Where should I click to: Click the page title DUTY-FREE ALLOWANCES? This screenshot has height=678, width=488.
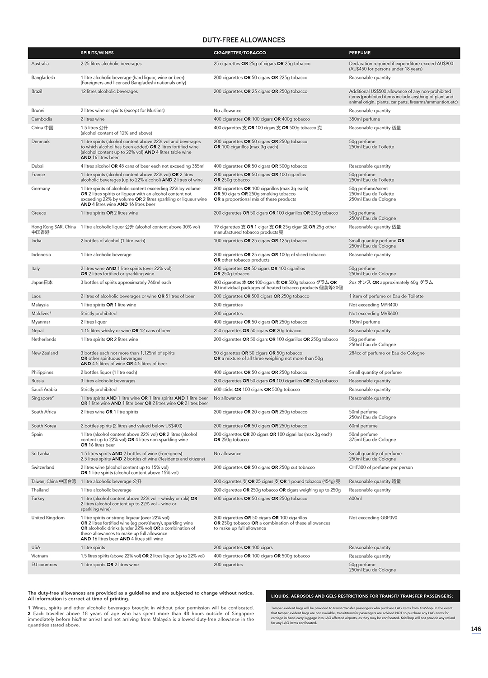pyautogui.click(x=244, y=40)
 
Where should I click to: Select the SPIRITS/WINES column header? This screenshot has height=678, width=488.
pyautogui.click(x=97, y=53)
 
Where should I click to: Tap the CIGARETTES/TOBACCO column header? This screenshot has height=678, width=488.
pyautogui.click(x=239, y=53)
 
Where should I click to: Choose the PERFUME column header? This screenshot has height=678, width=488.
pyautogui.click(x=360, y=53)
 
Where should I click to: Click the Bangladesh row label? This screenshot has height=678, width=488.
pyautogui.click(x=43, y=78)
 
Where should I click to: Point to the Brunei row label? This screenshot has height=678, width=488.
pyautogui.click(x=38, y=110)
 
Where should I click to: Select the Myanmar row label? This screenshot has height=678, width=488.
pyautogui.click(x=41, y=322)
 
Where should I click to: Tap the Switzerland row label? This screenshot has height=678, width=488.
pyautogui.click(x=42, y=467)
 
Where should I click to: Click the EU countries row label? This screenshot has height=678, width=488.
pyautogui.click(x=44, y=565)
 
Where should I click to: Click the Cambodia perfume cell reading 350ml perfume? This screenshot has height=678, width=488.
pyautogui.click(x=364, y=119)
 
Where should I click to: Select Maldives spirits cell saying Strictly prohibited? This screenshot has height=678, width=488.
pyautogui.click(x=99, y=313)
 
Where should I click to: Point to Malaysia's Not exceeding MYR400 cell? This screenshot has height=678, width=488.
pyautogui.click(x=373, y=305)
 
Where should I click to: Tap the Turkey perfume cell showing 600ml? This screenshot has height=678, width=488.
pyautogui.click(x=355, y=499)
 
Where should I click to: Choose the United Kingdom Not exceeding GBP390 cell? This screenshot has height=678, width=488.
pyautogui.click(x=373, y=518)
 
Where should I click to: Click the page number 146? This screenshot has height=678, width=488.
pyautogui.click(x=476, y=629)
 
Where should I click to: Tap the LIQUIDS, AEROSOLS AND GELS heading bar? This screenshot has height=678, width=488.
pyautogui.click(x=362, y=596)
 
